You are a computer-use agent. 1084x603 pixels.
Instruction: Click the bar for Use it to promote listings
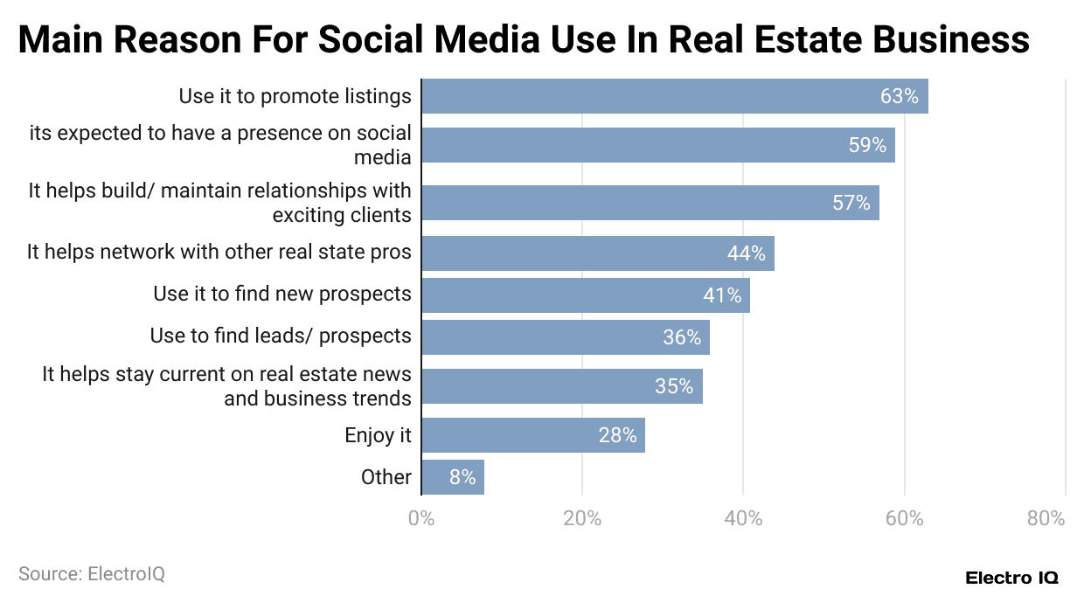pos(674,96)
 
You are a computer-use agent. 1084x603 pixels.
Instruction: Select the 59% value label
pos(867,145)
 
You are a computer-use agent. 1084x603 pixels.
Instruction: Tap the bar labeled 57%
pos(650,203)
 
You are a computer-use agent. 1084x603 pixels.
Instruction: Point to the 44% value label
pos(746,253)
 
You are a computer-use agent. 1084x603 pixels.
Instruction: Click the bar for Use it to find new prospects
pos(585,295)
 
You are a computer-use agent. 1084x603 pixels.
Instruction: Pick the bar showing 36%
pos(565,337)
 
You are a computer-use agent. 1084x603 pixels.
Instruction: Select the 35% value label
pos(674,386)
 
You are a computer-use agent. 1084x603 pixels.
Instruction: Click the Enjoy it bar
pos(532,435)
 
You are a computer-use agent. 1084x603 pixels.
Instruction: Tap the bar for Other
pos(452,477)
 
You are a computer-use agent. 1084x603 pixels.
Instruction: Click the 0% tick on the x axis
pos(421,518)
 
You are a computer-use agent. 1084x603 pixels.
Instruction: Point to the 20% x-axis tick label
pos(582,518)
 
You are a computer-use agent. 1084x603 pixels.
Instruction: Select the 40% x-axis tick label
pos(743,518)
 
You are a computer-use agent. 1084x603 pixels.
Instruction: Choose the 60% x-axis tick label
pos(904,518)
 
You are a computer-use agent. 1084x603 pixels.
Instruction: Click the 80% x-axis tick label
pos(1046,518)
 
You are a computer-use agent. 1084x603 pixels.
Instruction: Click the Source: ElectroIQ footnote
pos(92,574)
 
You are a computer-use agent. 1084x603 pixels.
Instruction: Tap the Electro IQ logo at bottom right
pos(1011,578)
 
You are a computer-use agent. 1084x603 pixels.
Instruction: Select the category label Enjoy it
pos(378,435)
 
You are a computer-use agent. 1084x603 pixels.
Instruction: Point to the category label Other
pos(386,477)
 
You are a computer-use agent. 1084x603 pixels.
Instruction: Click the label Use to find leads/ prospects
pos(280,336)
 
